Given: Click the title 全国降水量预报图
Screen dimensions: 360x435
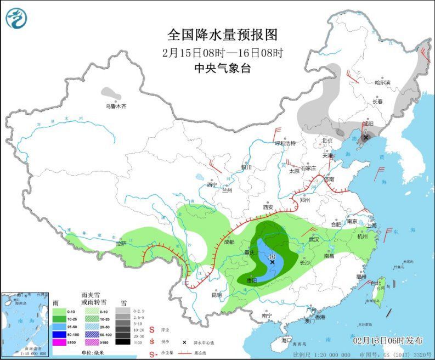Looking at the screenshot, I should [x=222, y=35].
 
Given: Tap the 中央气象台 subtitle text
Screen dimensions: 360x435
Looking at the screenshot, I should [x=222, y=69].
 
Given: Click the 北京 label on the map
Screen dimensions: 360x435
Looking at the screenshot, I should [x=327, y=140].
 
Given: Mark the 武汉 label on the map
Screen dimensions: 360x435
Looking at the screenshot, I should [x=314, y=239].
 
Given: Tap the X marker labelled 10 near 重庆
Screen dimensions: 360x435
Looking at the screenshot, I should [x=272, y=262].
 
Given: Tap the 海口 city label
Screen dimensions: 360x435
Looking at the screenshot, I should [x=286, y=340].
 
